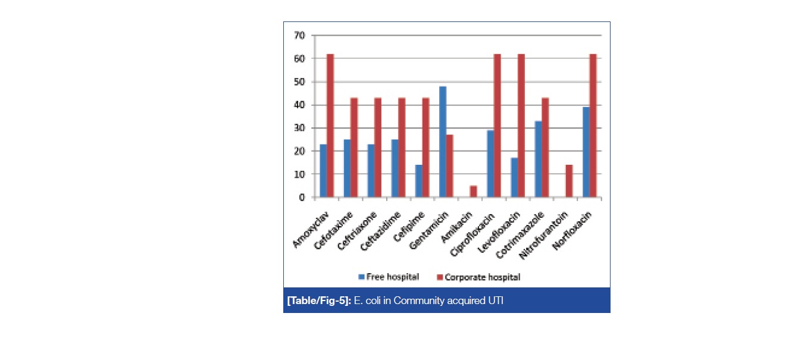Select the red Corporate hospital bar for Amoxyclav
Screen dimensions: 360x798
click(x=330, y=126)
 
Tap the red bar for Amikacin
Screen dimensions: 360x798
click(x=473, y=191)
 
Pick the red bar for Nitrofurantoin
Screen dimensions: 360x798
click(x=568, y=181)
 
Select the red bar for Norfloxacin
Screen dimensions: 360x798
click(x=593, y=126)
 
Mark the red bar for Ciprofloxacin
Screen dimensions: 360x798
click(x=497, y=126)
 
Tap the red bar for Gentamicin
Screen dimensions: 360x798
click(x=450, y=166)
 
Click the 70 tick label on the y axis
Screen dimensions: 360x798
click(x=299, y=36)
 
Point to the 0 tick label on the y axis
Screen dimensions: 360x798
click(x=302, y=198)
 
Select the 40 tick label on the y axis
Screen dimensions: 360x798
click(x=299, y=105)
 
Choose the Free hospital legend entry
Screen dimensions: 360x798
click(x=389, y=277)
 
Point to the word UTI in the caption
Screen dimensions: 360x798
click(x=495, y=300)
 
